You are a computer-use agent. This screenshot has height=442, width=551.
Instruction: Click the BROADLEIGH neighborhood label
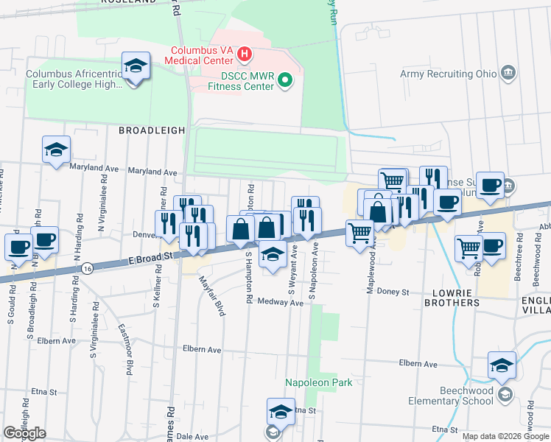point(152,130)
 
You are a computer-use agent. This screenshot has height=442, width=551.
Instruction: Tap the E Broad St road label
point(149,257)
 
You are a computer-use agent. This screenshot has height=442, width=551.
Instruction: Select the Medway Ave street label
point(281,303)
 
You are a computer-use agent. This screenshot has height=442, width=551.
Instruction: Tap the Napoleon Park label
point(319,383)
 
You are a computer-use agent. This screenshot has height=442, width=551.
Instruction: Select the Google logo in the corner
point(24,433)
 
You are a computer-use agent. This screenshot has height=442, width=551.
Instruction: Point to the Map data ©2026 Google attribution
point(505,436)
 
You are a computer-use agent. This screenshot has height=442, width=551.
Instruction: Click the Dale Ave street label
point(192,436)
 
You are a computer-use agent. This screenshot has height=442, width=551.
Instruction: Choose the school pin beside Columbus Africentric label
point(136,67)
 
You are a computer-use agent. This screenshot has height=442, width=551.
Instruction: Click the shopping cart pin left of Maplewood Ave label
point(359,234)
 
